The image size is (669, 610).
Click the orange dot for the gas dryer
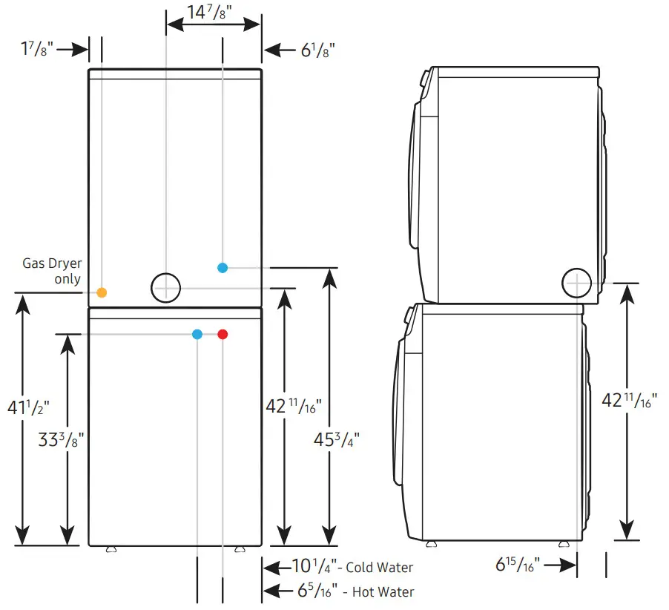click(x=102, y=292)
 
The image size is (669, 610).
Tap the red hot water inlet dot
click(x=223, y=335)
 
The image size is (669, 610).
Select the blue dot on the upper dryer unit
click(x=223, y=267)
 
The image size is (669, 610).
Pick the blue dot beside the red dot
click(x=197, y=335)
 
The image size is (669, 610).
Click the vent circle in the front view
click(x=165, y=287)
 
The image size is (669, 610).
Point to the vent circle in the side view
click(x=577, y=283)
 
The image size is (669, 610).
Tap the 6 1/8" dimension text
click(x=318, y=50)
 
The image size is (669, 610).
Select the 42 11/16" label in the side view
click(x=628, y=401)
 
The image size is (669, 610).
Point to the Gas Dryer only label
click(x=52, y=271)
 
